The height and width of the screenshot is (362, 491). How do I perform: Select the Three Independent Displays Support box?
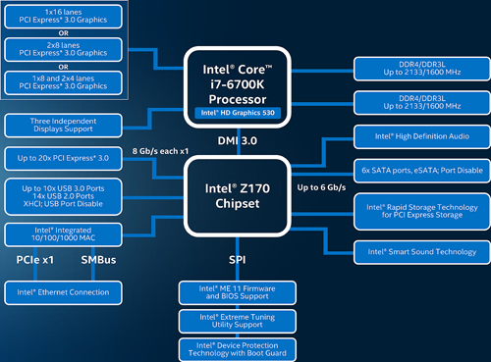pos(62,125)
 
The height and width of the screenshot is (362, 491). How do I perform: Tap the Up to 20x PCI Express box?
pos(62,158)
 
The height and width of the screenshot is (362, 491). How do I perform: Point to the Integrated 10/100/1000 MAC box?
pos(62,233)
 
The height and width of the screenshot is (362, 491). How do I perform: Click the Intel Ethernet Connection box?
pos(62,292)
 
